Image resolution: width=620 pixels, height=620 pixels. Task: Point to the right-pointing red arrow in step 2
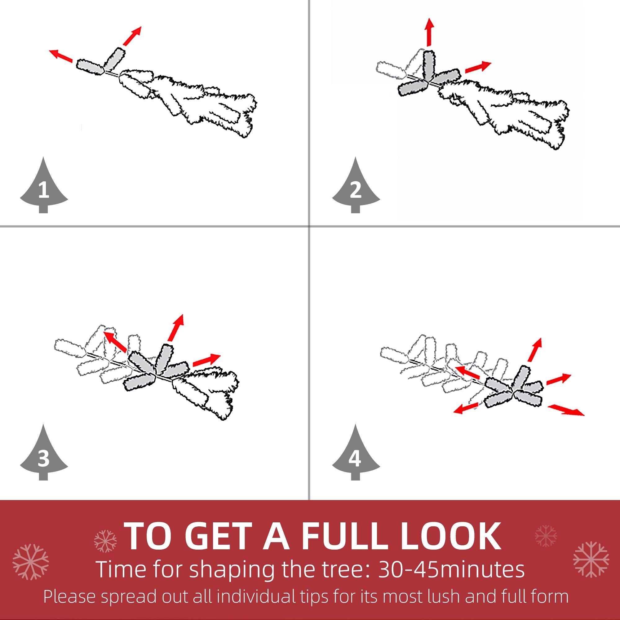click(478, 67)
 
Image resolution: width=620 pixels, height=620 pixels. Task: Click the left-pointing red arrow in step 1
click(61, 56)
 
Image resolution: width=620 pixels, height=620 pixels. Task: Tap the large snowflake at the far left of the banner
click(31, 562)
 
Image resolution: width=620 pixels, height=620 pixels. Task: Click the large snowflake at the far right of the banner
click(591, 559)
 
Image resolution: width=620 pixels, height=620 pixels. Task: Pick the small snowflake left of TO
click(106, 541)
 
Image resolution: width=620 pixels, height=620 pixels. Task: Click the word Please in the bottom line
click(69, 596)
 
